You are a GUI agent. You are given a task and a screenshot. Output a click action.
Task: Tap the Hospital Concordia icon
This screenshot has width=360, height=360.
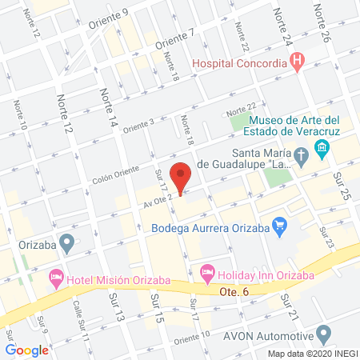click(x=298, y=60)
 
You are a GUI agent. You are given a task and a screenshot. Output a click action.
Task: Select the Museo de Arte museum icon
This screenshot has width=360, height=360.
click(x=322, y=148)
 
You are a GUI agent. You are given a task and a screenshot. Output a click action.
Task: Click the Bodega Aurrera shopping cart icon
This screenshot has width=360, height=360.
click(x=278, y=227)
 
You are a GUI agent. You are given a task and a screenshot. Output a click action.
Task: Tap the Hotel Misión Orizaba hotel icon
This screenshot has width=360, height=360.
click(x=57, y=278)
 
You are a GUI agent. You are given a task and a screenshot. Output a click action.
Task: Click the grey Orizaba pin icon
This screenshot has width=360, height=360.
click(x=67, y=241)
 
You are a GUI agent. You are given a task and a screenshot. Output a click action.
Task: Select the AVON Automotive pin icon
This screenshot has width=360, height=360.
click(x=323, y=334)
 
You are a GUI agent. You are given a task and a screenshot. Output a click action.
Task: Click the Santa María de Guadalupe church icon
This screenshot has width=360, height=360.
click(x=301, y=155)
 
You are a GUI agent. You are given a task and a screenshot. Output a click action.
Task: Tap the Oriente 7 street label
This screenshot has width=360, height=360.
click(x=175, y=37)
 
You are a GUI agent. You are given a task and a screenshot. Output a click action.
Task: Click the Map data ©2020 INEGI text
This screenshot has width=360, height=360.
click(x=312, y=353)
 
